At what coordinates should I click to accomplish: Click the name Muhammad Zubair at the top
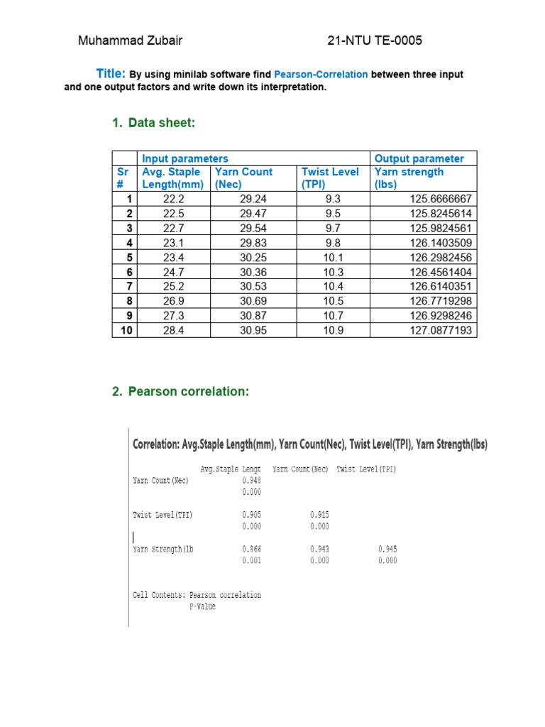tap(130, 40)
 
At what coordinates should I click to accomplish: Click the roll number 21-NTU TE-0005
tap(375, 40)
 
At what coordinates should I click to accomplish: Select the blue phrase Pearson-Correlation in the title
tap(321, 75)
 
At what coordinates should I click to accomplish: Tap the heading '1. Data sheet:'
tap(153, 124)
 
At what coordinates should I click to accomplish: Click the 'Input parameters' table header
tap(185, 158)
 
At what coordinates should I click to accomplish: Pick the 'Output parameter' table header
tap(419, 158)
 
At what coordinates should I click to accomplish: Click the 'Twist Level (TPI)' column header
tap(330, 177)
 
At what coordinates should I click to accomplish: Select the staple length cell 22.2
tap(174, 199)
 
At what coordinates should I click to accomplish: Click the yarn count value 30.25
tap(253, 258)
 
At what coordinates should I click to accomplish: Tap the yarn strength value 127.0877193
tap(441, 331)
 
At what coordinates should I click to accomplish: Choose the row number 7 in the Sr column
tap(129, 287)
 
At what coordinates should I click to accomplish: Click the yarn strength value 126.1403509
tap(441, 243)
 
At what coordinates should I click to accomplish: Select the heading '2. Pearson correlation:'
tap(180, 392)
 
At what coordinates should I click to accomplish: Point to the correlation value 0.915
tap(319, 515)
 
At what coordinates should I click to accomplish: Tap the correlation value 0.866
tap(251, 549)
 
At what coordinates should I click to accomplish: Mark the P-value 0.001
tap(251, 560)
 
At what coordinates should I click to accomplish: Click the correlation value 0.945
tap(387, 549)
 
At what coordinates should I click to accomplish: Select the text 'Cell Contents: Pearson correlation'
tap(197, 595)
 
